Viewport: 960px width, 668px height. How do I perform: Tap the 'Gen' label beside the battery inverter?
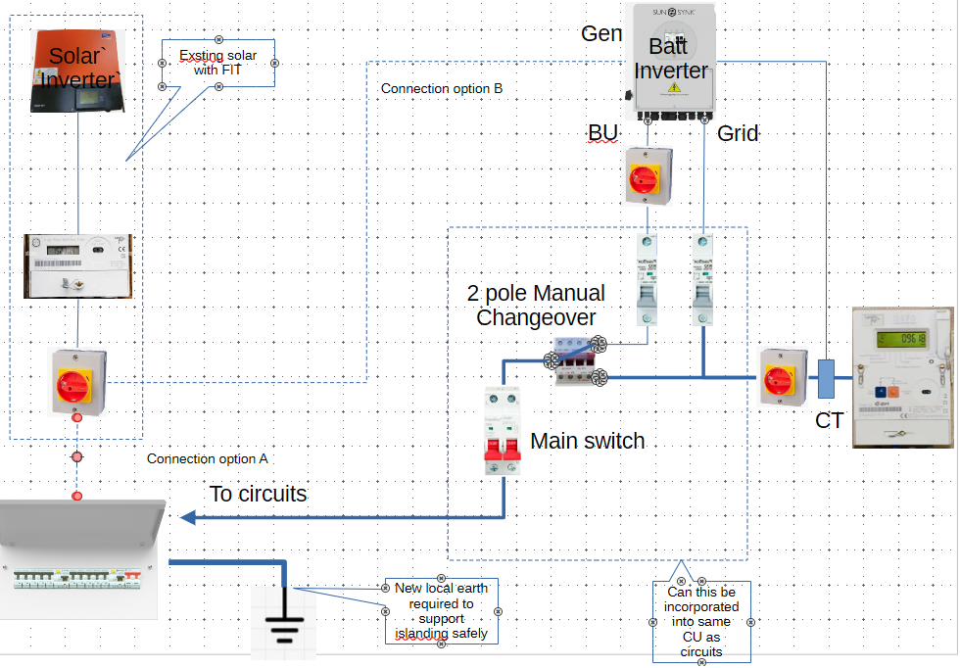[601, 33]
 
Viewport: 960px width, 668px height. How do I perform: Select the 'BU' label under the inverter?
[603, 132]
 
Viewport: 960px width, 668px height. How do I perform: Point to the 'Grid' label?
[738, 133]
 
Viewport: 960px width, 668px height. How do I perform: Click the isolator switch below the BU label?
[648, 177]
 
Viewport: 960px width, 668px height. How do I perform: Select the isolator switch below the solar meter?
[77, 380]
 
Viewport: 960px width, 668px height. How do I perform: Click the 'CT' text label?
[830, 421]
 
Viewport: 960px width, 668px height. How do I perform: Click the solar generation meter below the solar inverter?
[77, 265]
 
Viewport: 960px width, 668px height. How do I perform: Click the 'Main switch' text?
[587, 441]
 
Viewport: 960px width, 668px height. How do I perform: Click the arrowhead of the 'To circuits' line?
[187, 518]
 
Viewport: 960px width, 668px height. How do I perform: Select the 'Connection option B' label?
[442, 89]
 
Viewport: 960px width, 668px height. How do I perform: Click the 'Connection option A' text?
[207, 458]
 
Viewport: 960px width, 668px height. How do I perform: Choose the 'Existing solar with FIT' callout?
[216, 63]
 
